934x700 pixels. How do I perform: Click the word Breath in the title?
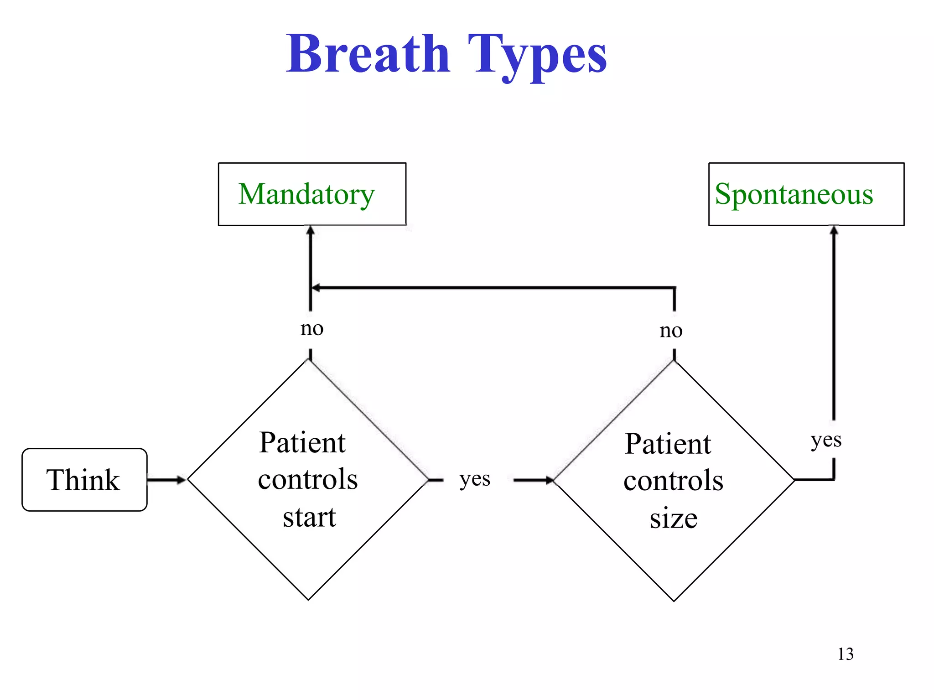click(368, 55)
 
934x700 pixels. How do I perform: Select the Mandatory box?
click(312, 194)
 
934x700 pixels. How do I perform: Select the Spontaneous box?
click(806, 194)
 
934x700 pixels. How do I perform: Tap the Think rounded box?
click(84, 480)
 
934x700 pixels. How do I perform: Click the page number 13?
click(845, 654)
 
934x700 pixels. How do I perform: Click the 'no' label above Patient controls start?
click(312, 328)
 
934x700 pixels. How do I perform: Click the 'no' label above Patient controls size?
click(671, 331)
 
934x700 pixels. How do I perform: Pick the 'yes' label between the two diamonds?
click(475, 479)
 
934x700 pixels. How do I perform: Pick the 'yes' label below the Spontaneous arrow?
click(826, 441)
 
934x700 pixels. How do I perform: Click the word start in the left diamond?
click(309, 518)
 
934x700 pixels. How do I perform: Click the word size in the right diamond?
click(674, 519)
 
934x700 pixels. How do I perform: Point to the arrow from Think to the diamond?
click(166, 480)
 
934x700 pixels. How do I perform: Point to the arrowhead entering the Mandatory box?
click(311, 230)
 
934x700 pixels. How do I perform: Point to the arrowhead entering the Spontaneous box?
click(834, 230)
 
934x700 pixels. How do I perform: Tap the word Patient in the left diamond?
click(302, 443)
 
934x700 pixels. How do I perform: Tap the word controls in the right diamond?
click(673, 481)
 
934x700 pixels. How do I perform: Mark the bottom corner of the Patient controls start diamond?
click(308, 599)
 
